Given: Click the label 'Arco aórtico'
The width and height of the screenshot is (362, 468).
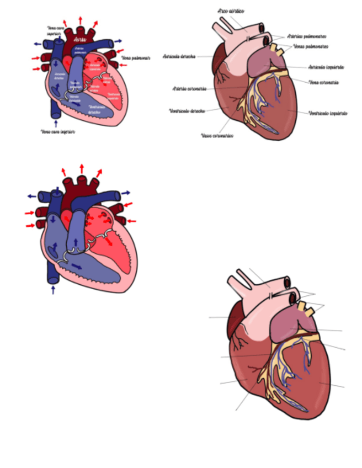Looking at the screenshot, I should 231,10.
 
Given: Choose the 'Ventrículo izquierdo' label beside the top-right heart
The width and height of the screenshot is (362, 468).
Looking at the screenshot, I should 328,113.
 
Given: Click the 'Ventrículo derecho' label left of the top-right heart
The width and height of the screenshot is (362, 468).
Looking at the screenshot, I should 187,110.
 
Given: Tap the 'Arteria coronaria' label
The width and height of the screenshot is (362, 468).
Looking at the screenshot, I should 190,88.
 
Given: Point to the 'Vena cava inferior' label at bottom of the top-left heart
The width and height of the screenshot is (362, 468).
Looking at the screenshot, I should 58,132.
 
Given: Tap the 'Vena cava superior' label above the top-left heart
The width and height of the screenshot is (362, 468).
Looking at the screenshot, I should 57,30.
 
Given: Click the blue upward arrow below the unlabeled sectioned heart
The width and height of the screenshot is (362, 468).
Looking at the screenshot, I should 54,289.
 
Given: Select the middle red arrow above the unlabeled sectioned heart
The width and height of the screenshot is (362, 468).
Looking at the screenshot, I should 82,168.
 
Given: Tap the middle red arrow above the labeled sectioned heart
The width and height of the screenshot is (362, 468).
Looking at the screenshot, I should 81,21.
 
